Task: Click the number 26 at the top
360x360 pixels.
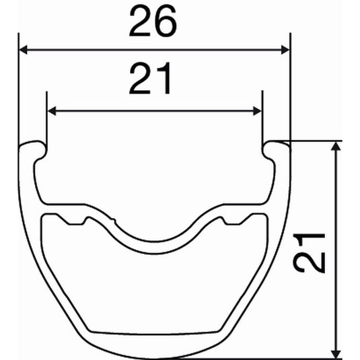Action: (154, 22)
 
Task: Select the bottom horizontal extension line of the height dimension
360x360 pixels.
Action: (269, 357)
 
